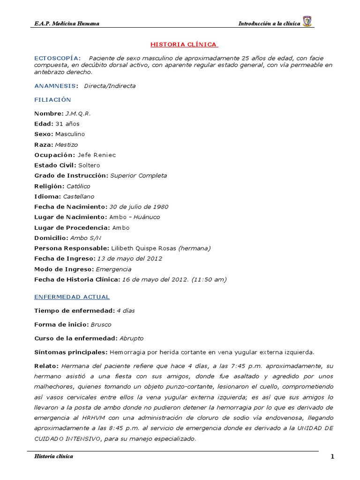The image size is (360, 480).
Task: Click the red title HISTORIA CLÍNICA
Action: point(183,45)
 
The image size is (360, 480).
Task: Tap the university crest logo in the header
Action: point(307,22)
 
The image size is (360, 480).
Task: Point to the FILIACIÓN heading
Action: point(52,100)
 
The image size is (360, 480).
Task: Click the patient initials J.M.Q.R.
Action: point(78,114)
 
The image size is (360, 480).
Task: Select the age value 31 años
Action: point(67,124)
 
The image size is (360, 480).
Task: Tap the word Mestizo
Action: point(67,145)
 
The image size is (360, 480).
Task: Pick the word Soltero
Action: point(89,165)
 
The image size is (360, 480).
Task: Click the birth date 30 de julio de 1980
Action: point(139,207)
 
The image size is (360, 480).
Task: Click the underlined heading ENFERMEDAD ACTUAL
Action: point(72,297)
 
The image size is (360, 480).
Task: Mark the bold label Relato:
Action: point(46,366)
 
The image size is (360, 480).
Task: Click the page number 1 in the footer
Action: point(332,457)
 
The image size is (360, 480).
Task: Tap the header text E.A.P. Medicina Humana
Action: point(67,23)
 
